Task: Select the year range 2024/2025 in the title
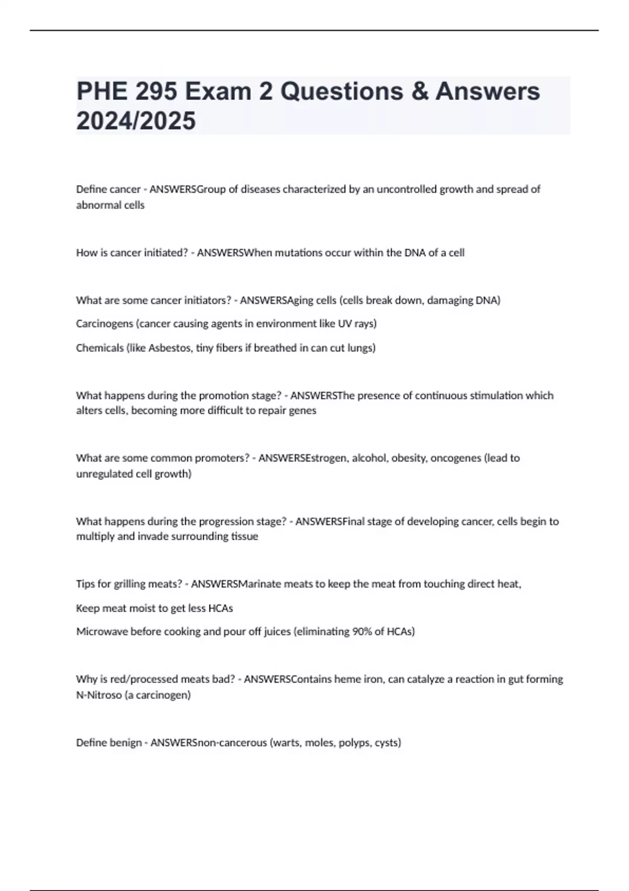click(x=136, y=121)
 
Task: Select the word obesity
click(x=408, y=458)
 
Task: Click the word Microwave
click(x=102, y=631)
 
